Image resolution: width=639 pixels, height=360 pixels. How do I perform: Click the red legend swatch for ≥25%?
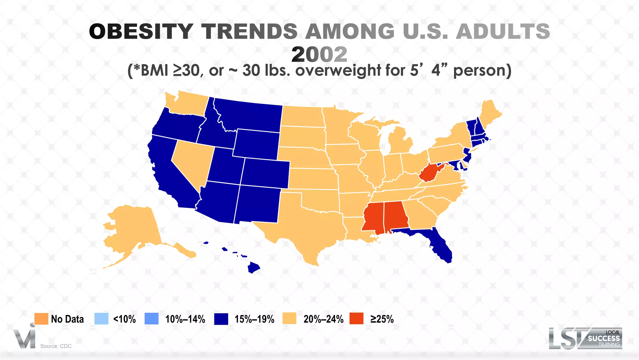tap(356, 319)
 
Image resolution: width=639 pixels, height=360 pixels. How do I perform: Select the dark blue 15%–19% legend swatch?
tap(221, 319)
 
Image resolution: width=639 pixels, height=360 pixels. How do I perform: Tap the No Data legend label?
tap(67, 319)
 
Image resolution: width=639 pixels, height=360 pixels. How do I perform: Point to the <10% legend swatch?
tap(101, 319)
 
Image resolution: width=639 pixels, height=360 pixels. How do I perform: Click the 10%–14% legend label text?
tap(185, 319)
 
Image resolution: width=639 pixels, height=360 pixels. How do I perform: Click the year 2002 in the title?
tap(319, 54)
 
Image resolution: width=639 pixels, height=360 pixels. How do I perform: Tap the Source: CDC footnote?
tap(56, 346)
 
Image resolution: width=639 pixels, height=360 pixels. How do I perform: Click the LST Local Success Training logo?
tap(585, 338)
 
